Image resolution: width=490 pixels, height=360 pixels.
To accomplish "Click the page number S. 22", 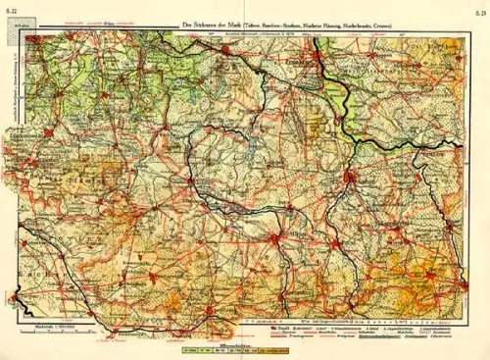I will click(x=13, y=11).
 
